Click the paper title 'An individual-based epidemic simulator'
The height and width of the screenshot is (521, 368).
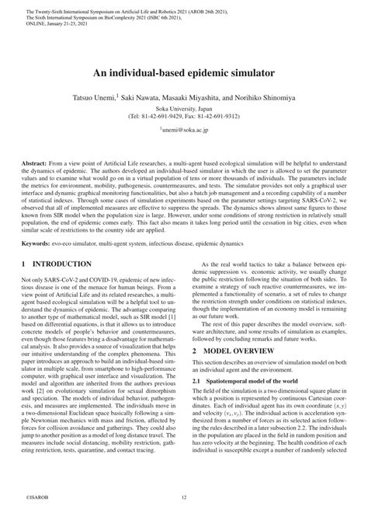[184, 70]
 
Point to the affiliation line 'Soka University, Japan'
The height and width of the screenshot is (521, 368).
[184, 109]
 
